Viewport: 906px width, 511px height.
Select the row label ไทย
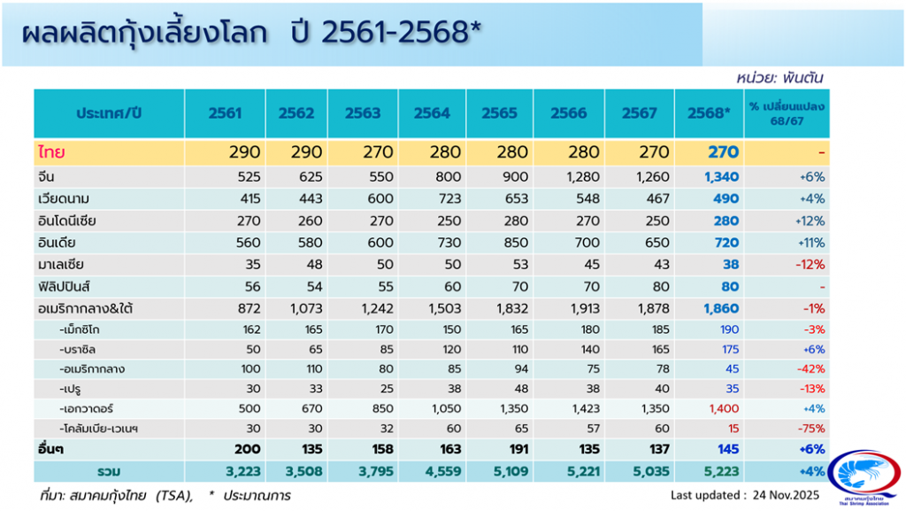point(50,152)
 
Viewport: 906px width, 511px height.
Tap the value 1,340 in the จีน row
point(720,177)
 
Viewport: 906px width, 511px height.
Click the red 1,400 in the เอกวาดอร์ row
point(723,409)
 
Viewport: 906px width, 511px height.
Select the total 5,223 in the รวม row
point(718,470)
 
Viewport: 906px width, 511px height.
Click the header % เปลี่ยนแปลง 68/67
point(787,112)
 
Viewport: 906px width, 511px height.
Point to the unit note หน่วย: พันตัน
point(785,78)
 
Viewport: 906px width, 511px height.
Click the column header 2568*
point(710,112)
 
